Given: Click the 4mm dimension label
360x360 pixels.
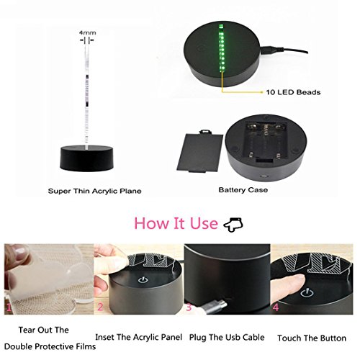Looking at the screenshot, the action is tap(88, 32).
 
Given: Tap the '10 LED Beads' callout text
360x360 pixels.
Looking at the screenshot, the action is tap(293, 92).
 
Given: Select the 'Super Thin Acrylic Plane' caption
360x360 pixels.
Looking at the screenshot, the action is tap(94, 192).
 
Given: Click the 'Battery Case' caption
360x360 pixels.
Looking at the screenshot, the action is tap(243, 190).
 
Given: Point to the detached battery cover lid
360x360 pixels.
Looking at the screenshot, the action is tap(200, 150).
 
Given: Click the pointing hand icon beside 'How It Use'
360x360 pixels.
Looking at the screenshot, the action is tap(233, 225).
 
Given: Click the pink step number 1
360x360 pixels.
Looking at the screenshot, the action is tap(9, 307).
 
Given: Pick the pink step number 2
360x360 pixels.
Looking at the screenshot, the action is tap(100, 307).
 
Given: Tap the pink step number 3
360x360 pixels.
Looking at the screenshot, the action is tap(189, 307).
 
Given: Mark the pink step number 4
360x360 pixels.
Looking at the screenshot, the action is tap(276, 307).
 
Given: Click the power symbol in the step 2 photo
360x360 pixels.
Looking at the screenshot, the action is tap(143, 280).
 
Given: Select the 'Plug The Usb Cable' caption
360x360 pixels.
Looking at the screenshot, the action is tap(227, 338).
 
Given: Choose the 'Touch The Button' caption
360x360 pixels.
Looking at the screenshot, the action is tap(312, 338).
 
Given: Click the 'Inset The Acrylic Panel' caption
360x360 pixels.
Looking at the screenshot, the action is tap(139, 337).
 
